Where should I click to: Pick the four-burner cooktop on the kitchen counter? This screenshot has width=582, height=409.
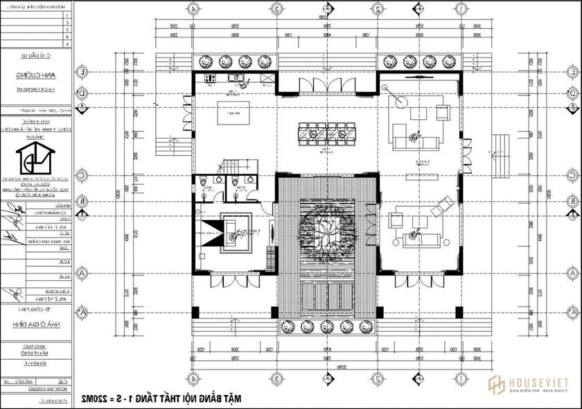(210, 78)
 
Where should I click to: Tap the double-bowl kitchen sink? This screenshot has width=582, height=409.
(237, 78)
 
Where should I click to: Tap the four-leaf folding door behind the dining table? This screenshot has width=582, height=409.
(328, 84)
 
